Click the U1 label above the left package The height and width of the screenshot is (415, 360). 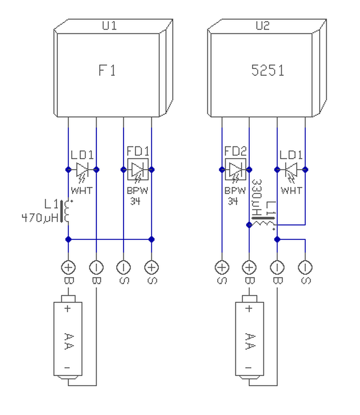click(x=109, y=26)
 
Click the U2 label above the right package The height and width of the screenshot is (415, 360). click(x=263, y=26)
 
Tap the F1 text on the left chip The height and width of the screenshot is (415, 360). click(x=107, y=71)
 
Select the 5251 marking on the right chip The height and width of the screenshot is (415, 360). click(x=268, y=71)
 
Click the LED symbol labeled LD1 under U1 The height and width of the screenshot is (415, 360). click(x=83, y=172)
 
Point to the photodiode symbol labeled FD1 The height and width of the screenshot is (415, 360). click(x=138, y=170)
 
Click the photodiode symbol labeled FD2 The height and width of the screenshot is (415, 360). click(x=235, y=170)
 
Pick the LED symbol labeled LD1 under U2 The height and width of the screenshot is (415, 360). click(x=291, y=172)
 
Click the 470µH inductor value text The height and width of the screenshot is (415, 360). click(x=40, y=218)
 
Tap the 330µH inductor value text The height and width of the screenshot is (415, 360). click(x=257, y=197)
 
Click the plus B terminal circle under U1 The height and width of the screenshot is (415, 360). click(x=68, y=267)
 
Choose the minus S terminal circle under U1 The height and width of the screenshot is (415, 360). click(x=123, y=267)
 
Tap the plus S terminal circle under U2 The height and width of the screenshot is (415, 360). click(x=222, y=267)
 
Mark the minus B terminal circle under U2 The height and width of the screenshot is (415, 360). click(x=277, y=267)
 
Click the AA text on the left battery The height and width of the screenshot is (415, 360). click(x=68, y=341)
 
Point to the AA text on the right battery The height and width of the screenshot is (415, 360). click(x=249, y=341)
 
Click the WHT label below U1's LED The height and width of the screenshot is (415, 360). click(x=82, y=190)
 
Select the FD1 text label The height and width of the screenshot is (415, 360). click(x=138, y=151)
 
